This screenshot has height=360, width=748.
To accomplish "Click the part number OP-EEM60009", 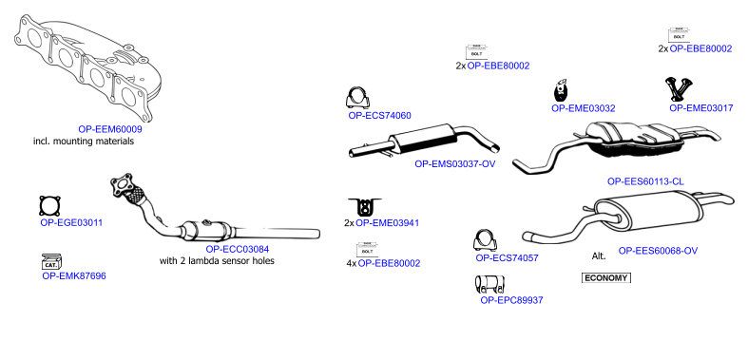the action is point(110,129).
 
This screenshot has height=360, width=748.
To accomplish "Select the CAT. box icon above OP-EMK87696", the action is point(51,261).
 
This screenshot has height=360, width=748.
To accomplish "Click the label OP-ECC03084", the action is point(237,249).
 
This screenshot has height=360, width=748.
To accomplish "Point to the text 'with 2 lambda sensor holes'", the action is point(217,261).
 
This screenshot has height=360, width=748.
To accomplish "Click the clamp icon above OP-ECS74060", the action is point(357,98).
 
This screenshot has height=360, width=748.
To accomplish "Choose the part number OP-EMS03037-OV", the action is point(454,164).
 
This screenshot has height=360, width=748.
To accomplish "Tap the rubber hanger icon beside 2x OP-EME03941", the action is point(365,207).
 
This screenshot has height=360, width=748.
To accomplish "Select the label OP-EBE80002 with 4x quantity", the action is point(390,263).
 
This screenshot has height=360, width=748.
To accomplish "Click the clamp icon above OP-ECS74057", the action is point(485,240).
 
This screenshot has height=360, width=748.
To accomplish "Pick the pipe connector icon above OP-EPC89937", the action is point(489,285).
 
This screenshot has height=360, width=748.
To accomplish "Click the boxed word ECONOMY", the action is point(605,278).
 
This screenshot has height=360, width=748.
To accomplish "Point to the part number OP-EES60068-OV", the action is point(658,251).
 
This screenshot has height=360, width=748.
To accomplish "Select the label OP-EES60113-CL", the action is point(645,181).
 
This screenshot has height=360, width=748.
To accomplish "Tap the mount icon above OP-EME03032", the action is point(560,90).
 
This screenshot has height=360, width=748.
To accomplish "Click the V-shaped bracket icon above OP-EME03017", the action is point(679,88).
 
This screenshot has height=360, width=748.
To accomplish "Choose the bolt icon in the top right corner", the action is point(678,35).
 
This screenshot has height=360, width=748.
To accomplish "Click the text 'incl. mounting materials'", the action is point(84,142).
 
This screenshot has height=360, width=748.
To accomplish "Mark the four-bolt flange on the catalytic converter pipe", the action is point(121,184).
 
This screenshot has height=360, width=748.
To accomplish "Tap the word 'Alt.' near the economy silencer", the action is point(599,256).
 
